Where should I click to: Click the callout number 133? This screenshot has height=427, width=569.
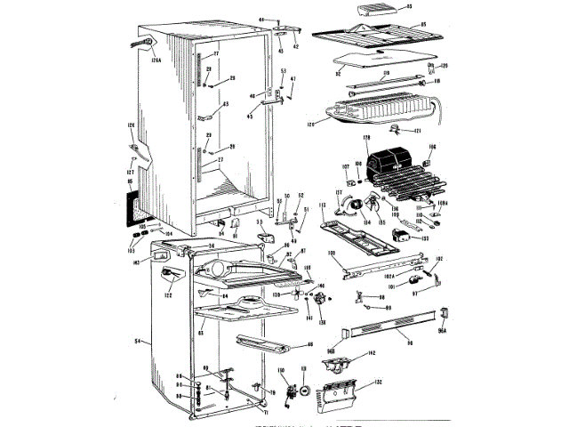pos(424,238)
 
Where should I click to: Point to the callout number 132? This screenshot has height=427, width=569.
pos(378,382)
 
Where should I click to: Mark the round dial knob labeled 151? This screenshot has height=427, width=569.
pos(305,389)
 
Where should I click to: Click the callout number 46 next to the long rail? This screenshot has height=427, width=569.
pos(310,344)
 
